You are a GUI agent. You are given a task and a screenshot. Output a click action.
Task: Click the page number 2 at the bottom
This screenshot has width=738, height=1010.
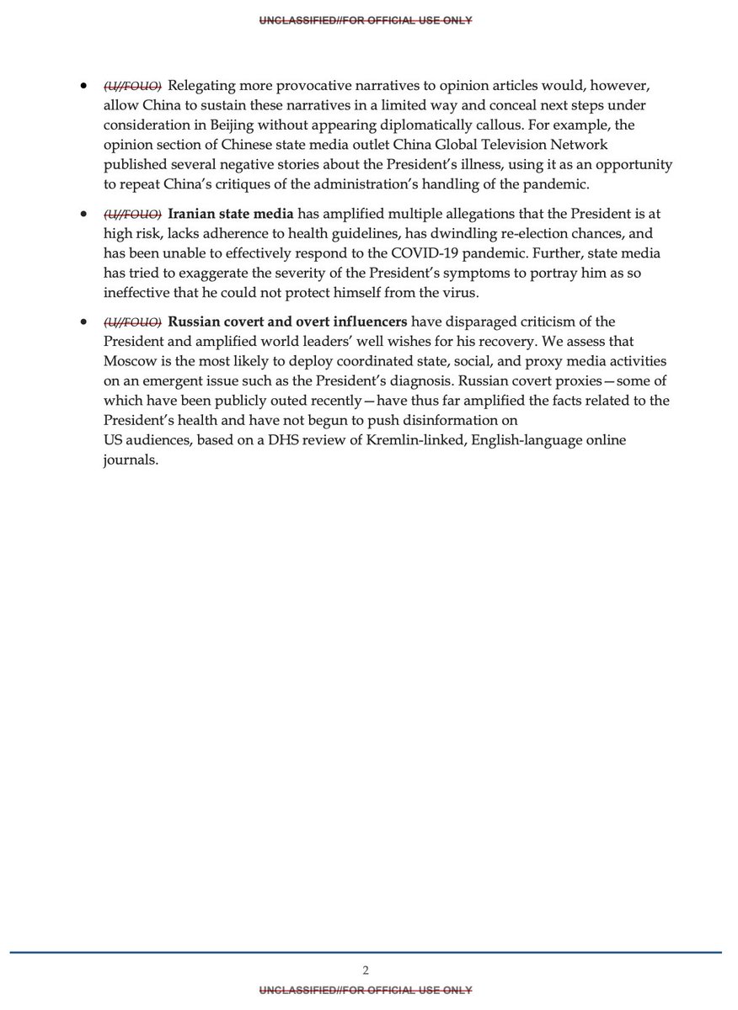click(366, 970)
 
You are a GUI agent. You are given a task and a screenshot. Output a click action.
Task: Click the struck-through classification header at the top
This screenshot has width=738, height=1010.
click(366, 20)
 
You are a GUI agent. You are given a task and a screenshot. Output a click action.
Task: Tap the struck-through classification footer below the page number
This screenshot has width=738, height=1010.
click(366, 990)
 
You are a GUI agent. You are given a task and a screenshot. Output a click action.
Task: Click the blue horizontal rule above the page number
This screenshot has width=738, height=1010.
click(366, 953)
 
